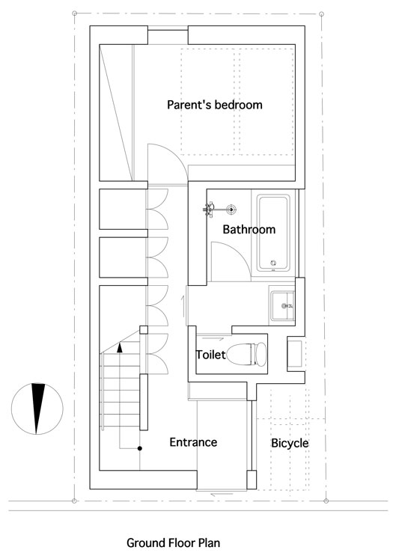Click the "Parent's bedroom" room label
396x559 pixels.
coord(214,105)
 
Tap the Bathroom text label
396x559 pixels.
coord(249,229)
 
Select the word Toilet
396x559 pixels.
coord(211,355)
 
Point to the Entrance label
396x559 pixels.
coord(193,442)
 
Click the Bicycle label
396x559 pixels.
coord(290,443)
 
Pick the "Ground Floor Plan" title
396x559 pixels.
coord(174,543)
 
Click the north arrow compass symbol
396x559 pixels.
coord(37,409)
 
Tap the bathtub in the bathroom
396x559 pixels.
coord(274,233)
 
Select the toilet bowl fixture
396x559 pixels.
coord(246,354)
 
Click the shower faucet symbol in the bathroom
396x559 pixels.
coord(209,209)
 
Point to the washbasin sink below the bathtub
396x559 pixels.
coord(282,306)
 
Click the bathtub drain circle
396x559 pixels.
coord(274,263)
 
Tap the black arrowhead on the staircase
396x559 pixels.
coord(120,347)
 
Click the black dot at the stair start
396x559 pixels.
coord(140,448)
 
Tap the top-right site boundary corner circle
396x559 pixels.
coord(321,14)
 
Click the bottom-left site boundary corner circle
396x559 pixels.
coord(74,501)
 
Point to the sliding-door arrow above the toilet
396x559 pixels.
coord(210,338)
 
